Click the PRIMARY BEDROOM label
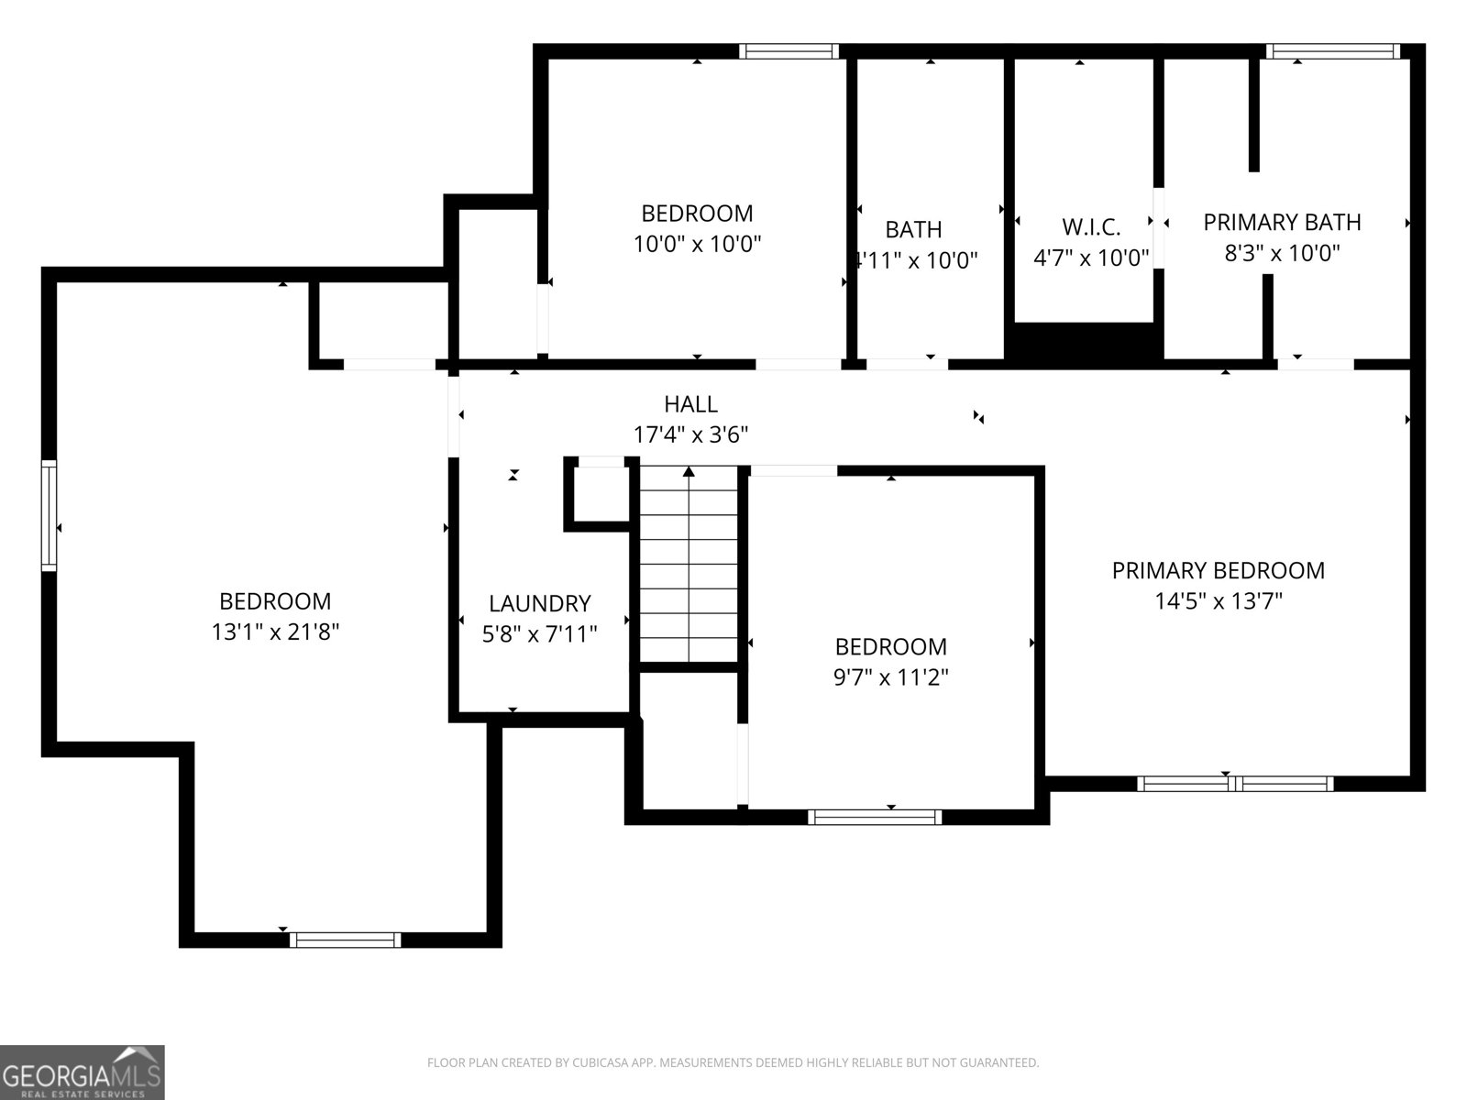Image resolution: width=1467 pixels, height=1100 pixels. (x=1218, y=570)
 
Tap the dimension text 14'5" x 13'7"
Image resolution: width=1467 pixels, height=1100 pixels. (x=1218, y=601)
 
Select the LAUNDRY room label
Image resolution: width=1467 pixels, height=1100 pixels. (x=539, y=603)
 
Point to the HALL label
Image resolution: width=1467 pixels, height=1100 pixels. (x=690, y=403)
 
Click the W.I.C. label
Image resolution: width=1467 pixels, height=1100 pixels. (x=1091, y=227)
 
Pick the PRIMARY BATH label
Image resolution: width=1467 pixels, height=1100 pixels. (x=1282, y=222)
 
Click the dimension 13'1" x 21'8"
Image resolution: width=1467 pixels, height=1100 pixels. (x=275, y=632)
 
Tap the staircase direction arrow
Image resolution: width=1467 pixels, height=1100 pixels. (x=689, y=473)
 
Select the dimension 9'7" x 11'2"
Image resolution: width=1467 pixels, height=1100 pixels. (x=890, y=677)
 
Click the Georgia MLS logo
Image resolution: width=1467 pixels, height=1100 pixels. (x=82, y=1072)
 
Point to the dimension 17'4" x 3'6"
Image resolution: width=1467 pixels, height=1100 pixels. (x=690, y=434)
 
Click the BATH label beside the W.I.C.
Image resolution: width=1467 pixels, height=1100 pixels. (x=913, y=229)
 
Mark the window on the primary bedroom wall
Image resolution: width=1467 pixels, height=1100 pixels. (x=1234, y=784)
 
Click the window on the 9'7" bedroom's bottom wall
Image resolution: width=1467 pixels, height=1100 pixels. (x=875, y=816)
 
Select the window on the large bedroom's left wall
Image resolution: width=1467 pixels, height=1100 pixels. (x=49, y=516)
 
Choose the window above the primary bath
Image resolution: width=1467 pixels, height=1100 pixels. (x=1333, y=51)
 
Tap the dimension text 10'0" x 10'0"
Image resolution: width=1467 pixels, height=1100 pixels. (x=697, y=244)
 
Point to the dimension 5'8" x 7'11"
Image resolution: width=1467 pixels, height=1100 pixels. (x=539, y=633)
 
